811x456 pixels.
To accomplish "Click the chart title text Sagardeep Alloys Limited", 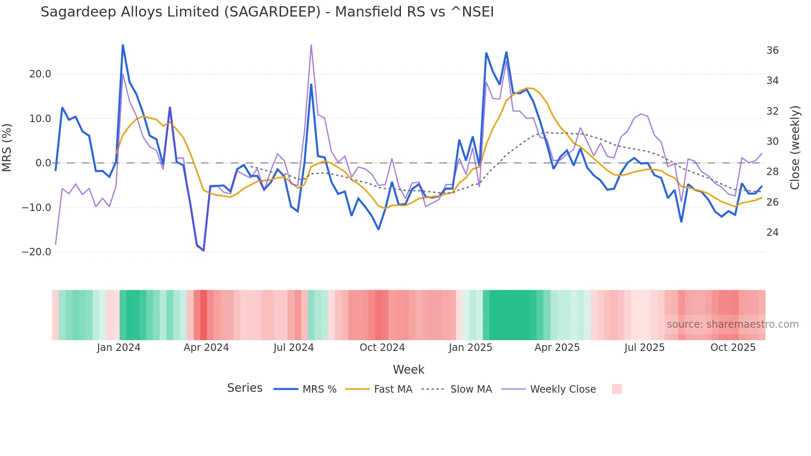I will coord(267,12).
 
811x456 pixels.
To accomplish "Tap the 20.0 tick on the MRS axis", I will coord(40,74).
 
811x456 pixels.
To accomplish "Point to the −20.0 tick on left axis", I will coord(36,252).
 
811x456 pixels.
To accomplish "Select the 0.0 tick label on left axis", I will coord(43,163).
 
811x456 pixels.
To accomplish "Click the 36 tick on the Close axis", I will coord(772,50).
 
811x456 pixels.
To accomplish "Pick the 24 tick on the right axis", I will coord(772,233).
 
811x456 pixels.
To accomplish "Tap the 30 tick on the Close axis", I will coord(772,142).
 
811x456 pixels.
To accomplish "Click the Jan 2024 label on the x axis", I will coord(119,348).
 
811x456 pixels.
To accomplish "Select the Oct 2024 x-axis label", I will coord(382,348).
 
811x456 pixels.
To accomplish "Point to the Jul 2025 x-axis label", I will coord(644,348).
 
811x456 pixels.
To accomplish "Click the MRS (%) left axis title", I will coord(7,148).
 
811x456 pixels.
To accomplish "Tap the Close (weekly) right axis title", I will coord(795,148).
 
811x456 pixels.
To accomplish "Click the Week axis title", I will coord(408,370).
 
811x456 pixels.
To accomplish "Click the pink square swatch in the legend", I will coord(617,389).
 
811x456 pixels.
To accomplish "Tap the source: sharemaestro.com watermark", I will coord(732,324).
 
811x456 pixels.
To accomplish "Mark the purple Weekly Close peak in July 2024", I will coord(311,45).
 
